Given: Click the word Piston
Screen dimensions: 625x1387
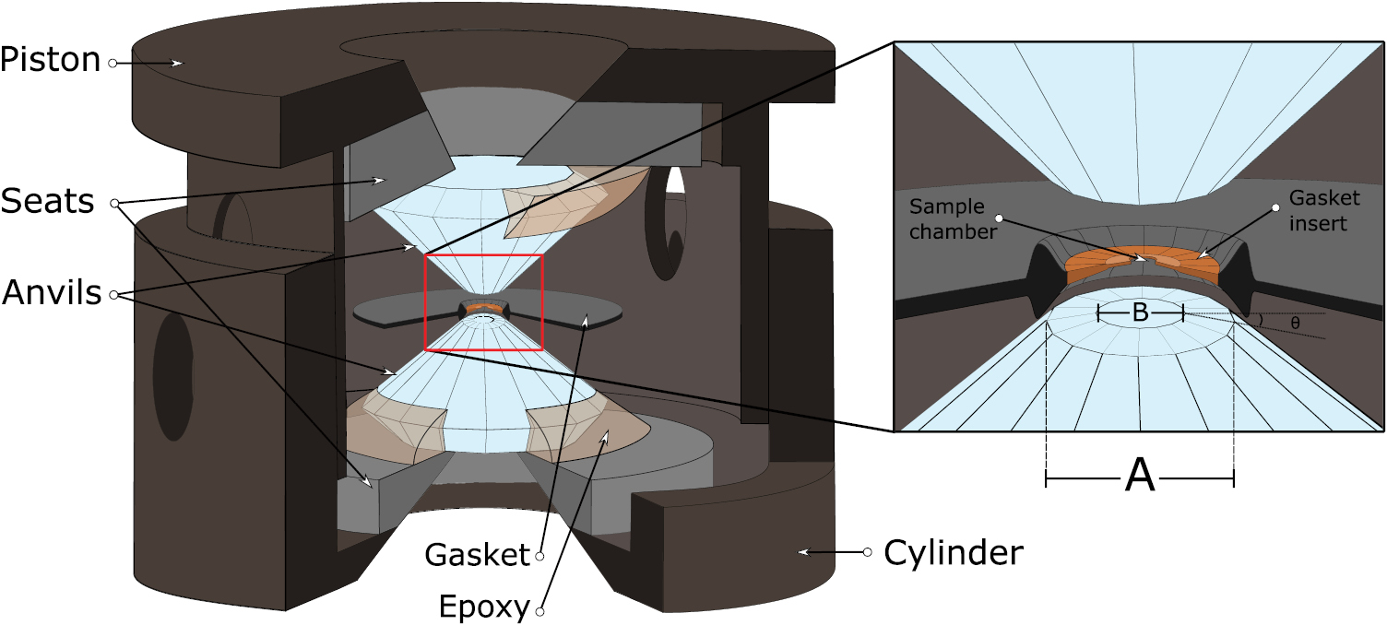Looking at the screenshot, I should tap(50, 61).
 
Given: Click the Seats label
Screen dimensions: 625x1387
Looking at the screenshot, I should tap(48, 201).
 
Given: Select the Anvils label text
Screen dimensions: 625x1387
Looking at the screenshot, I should tap(51, 294).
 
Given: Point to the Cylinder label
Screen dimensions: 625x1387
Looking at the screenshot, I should tap(953, 553).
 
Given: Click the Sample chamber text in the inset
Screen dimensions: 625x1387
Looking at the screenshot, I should tap(953, 219).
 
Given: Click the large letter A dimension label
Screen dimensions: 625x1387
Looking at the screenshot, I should tap(1141, 477).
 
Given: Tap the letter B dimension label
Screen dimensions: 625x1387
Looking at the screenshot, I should tap(1140, 313).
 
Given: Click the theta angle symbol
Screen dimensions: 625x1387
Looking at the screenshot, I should tap(1296, 324).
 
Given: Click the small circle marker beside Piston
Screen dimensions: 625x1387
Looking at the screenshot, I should tap(113, 63).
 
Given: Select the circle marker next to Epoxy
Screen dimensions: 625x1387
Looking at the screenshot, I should tap(540, 610).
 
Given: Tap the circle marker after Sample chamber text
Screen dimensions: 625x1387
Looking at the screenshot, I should tap(1003, 218).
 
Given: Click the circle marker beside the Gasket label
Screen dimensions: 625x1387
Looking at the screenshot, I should tap(540, 555).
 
